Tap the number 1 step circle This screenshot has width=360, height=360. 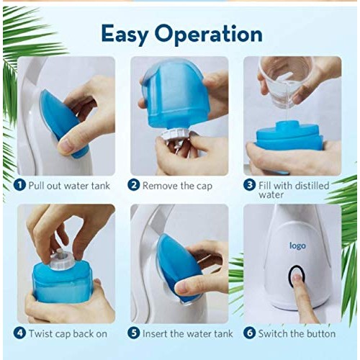pos(20,185)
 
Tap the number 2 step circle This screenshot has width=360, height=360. pos(133,185)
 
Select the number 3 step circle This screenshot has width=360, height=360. pos(248,185)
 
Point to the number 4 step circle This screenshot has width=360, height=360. pos(20,333)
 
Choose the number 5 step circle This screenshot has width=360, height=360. pos(133,333)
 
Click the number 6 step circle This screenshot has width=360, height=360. pos(248,333)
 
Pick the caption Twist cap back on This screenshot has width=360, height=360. pos(68,333)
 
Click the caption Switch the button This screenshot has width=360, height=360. pos(297,333)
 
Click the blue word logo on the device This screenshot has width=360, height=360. pos(297,246)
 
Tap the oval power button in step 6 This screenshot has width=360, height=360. pos(296,277)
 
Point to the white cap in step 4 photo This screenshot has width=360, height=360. pos(61,256)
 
